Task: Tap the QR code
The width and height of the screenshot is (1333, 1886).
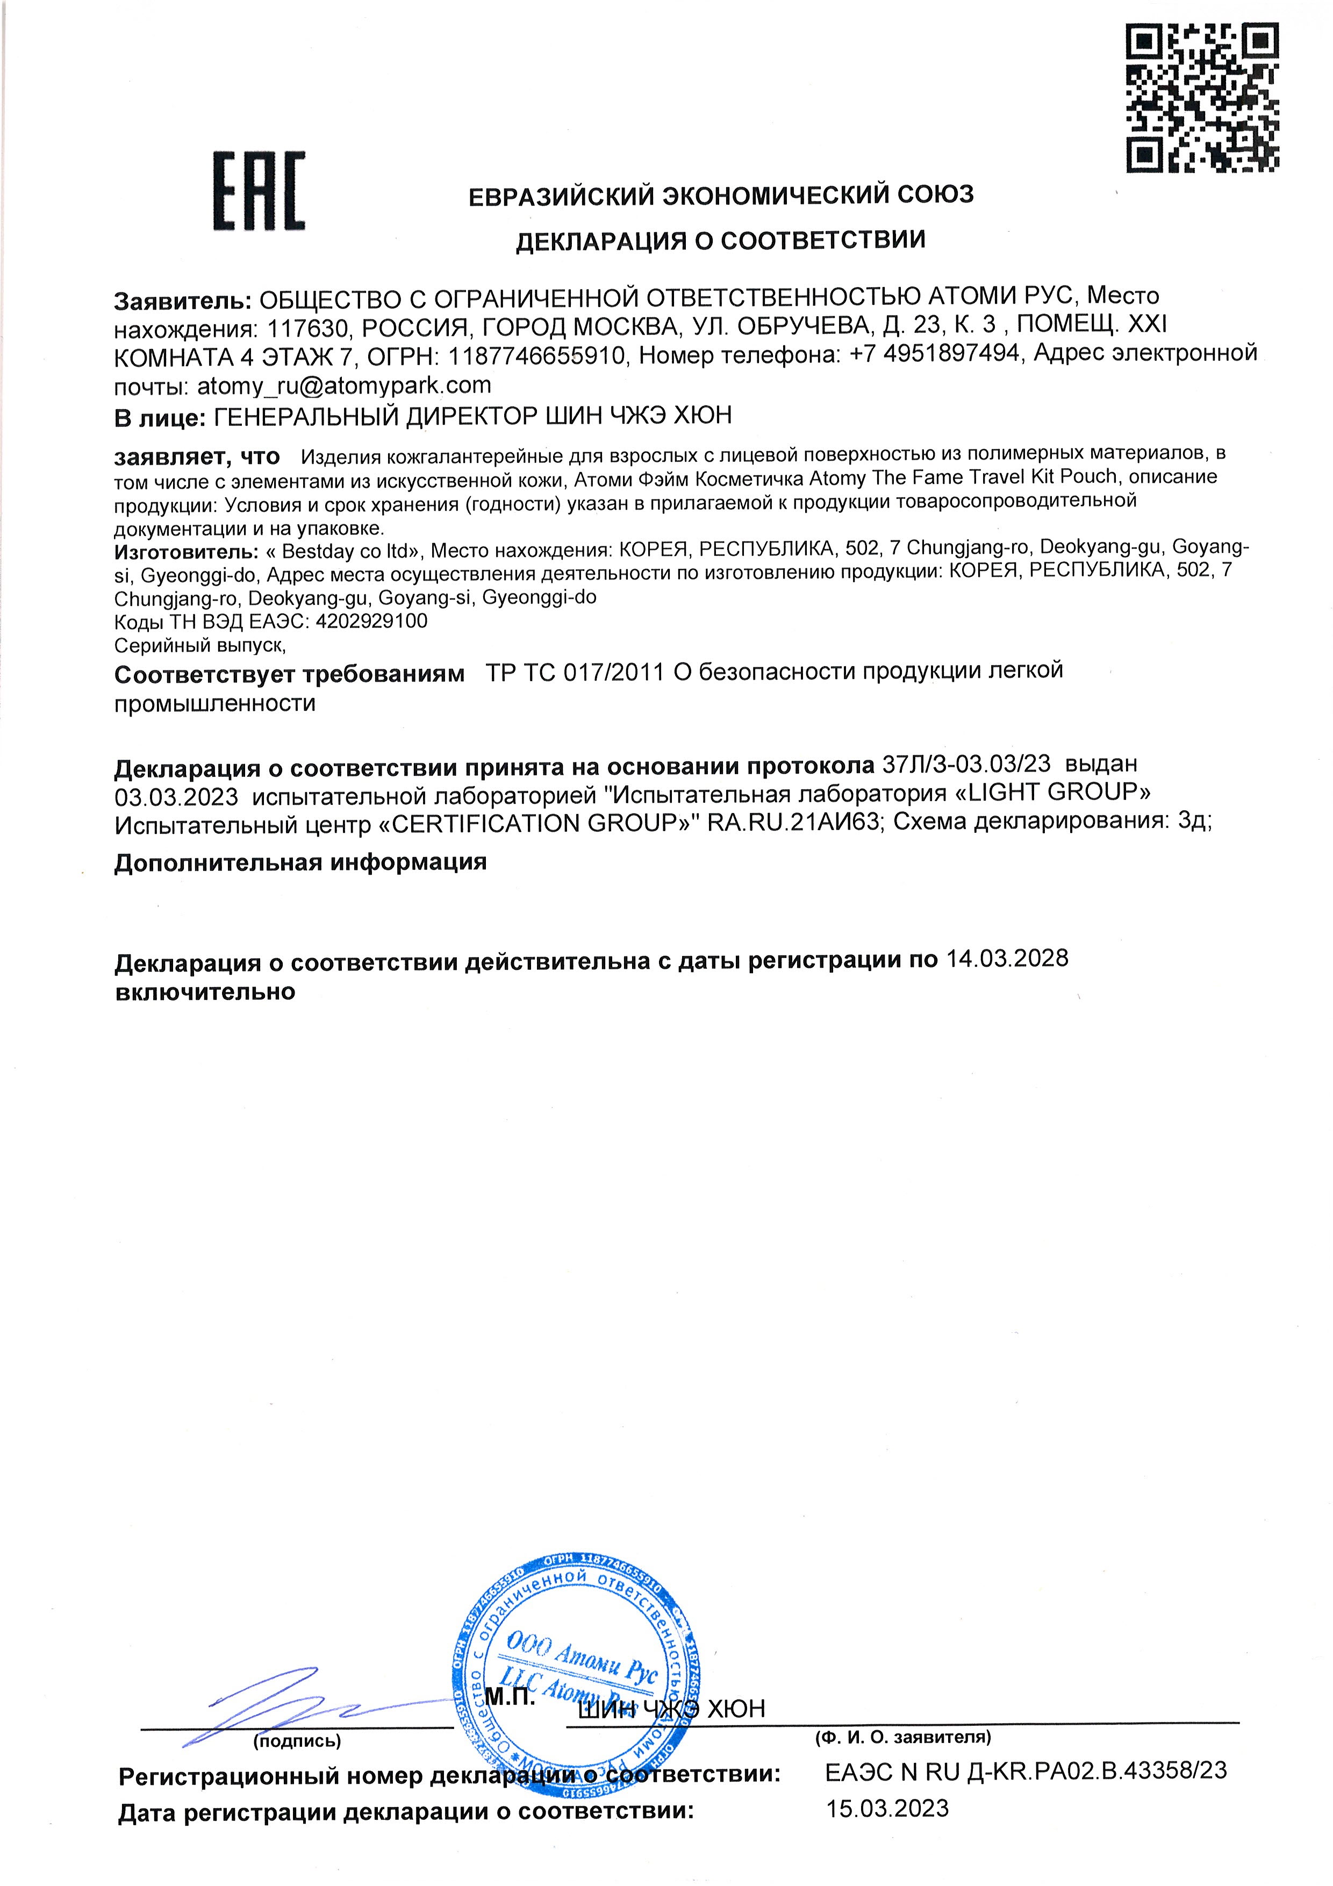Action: (1202, 97)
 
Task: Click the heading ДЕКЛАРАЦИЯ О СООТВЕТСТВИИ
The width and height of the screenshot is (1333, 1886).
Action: (720, 241)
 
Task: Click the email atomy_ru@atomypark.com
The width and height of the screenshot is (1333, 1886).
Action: (343, 385)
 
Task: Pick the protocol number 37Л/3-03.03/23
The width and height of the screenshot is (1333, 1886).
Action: (966, 763)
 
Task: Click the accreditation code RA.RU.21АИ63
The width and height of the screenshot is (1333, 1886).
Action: (793, 823)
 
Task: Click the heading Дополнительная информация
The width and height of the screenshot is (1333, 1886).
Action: (300, 862)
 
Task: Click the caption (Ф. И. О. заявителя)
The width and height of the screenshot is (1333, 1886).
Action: (902, 1737)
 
